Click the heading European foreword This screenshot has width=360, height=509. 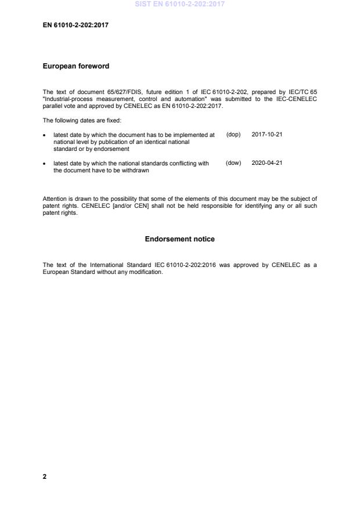[76, 66]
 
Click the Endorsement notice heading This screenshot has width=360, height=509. [180, 239]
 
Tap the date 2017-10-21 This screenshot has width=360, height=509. [267, 135]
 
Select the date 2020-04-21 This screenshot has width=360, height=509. [267, 164]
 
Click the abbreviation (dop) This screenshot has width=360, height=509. [233, 135]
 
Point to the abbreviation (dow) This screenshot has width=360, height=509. [233, 164]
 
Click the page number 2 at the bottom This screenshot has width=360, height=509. [45, 476]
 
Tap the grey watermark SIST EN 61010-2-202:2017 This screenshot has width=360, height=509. [180, 4]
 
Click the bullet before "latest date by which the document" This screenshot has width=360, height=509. [45, 135]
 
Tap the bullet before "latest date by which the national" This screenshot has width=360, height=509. [45, 164]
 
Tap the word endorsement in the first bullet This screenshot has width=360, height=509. [113, 149]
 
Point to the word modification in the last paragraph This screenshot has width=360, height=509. [143, 272]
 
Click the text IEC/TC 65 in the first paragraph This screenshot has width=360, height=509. [302, 92]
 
